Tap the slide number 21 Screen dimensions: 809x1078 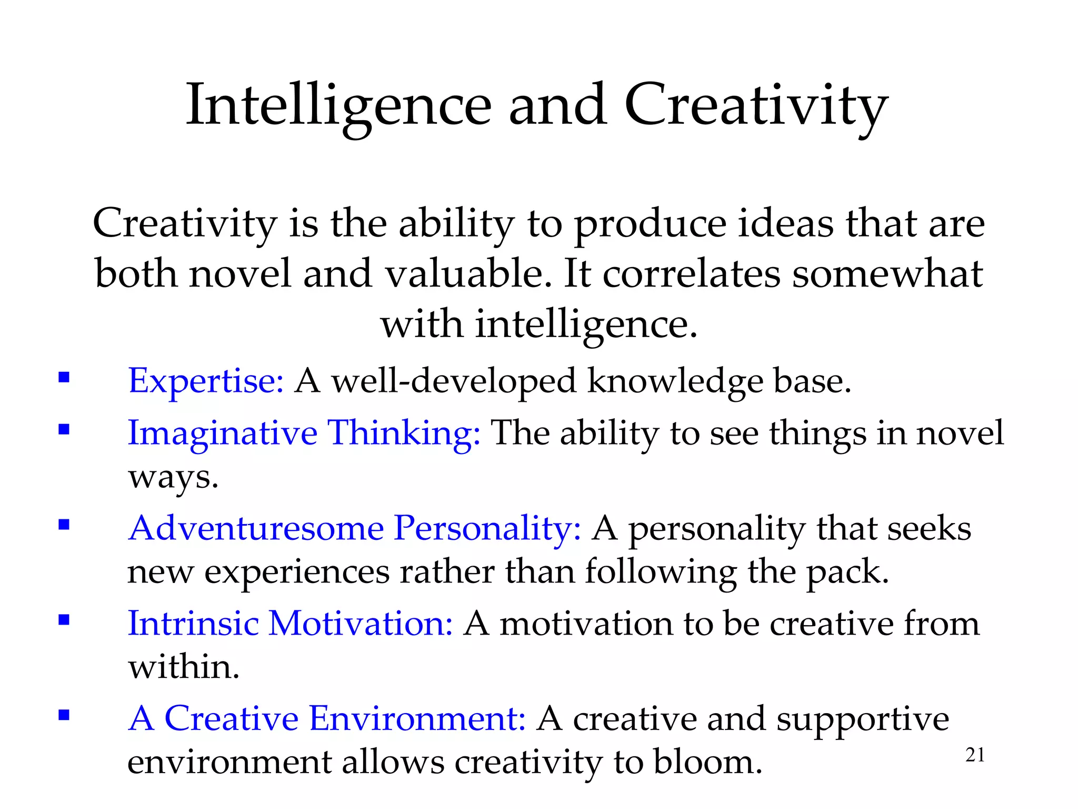click(975, 755)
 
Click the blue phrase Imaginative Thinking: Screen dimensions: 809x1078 click(304, 433)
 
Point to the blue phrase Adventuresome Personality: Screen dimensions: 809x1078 click(355, 528)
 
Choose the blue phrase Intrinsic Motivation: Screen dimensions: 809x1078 click(290, 623)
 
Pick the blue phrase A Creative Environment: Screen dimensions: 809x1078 click(327, 718)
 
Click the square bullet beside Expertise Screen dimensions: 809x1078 click(64, 378)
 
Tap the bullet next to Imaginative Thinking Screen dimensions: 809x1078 click(64, 430)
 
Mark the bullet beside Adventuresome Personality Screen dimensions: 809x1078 click(64, 525)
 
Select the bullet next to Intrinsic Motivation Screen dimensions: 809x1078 click(64, 620)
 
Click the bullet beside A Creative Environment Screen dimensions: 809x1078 click(64, 715)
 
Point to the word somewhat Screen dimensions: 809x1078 click(887, 274)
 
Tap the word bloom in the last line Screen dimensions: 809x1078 click(707, 762)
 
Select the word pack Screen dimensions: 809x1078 click(847, 572)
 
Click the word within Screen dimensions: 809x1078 click(184, 667)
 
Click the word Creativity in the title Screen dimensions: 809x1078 click(756, 105)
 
